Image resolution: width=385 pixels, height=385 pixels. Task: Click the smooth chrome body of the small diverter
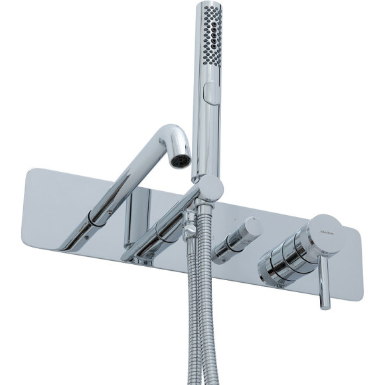pyautogui.click(x=229, y=242)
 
